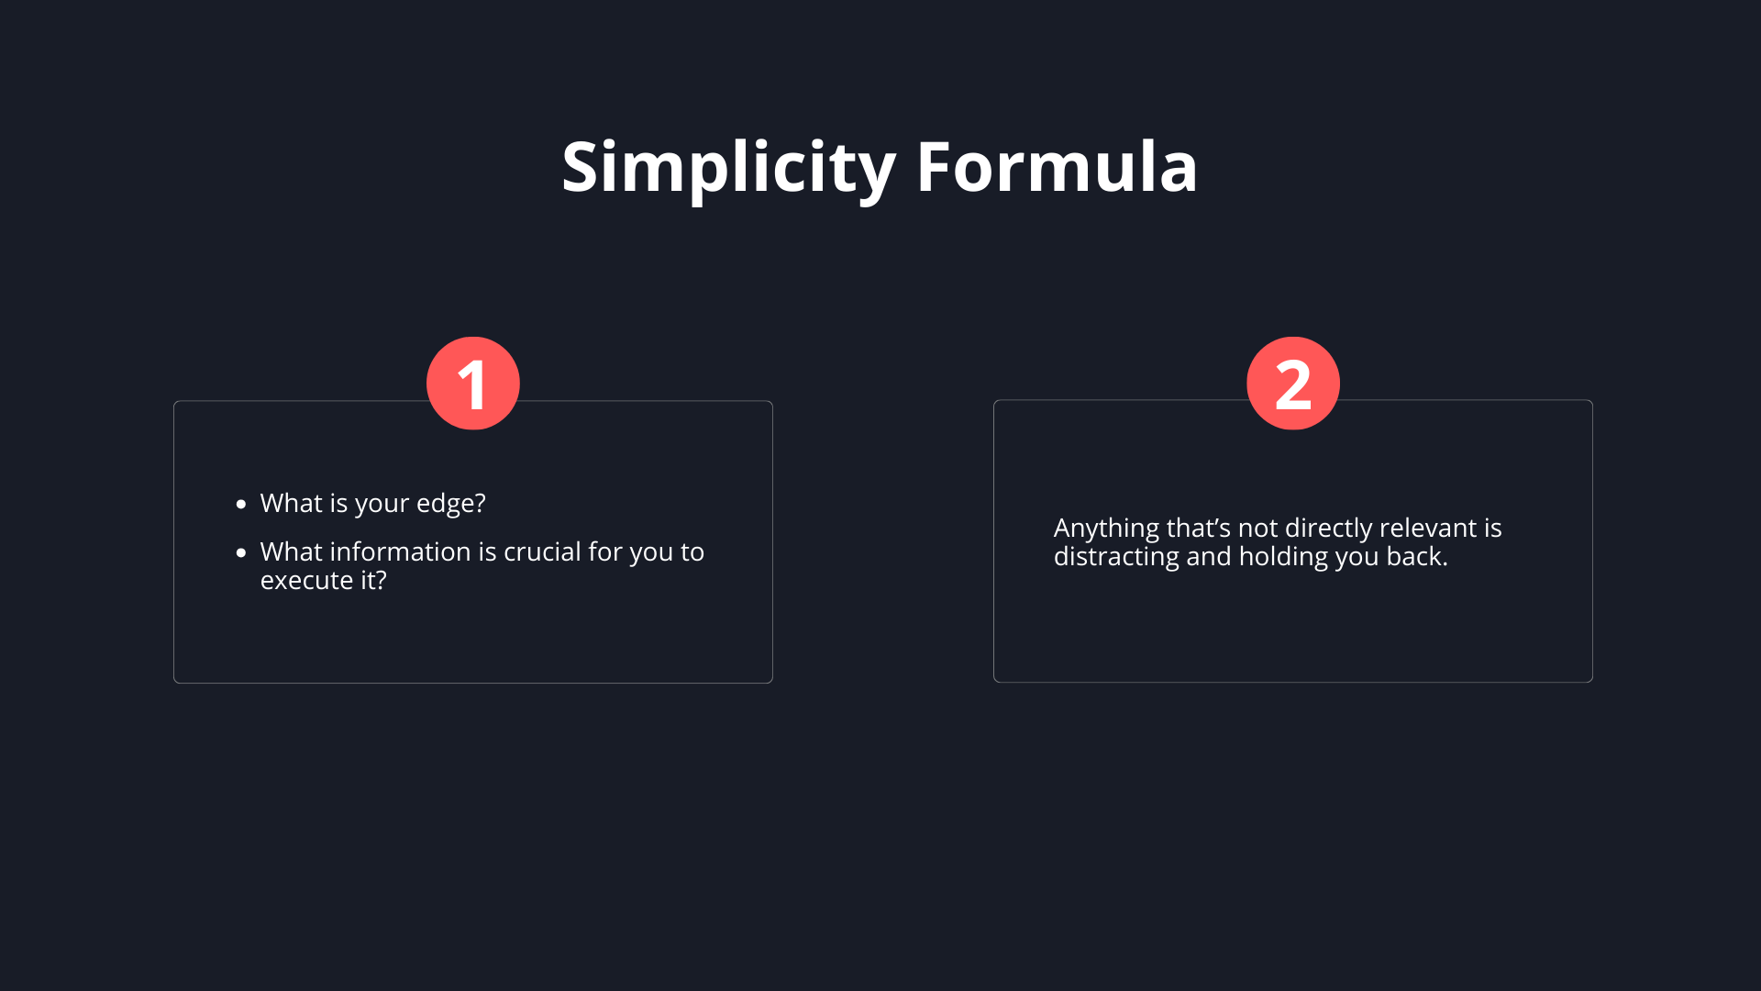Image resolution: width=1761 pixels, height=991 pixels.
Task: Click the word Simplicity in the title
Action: coord(728,168)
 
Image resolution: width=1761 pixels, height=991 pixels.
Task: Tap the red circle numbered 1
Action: coord(473,384)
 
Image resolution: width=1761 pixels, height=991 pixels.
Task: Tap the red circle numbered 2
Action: coord(1293,384)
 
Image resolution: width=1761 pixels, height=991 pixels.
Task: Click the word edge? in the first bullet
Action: coord(451,504)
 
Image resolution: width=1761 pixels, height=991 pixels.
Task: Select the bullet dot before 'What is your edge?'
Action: coord(241,504)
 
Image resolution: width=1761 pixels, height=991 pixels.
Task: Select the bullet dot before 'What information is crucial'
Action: coord(241,552)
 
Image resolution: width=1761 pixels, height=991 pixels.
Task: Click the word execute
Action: coord(306,581)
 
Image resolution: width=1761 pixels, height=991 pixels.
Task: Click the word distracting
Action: coord(1116,558)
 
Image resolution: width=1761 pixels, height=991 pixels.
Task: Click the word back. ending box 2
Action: coord(1417,556)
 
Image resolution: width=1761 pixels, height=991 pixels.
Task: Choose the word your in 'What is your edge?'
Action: coord(382,505)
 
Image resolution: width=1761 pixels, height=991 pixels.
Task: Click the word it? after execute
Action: coord(373,580)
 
